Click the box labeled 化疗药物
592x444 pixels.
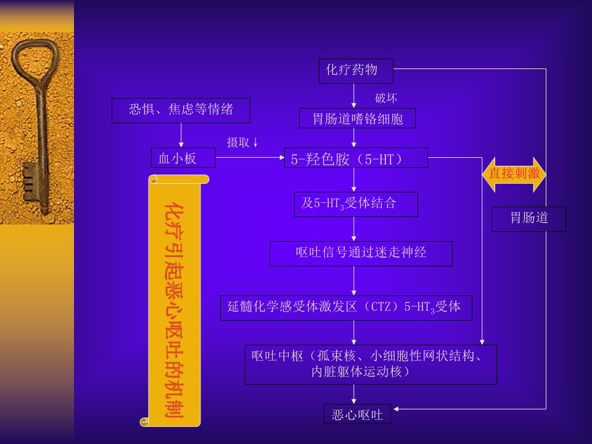pyautogui.click(x=356, y=71)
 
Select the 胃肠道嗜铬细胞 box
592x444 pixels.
pyautogui.click(x=357, y=118)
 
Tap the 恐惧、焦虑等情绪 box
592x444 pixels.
pyautogui.click(x=181, y=110)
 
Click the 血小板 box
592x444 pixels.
pyautogui.click(x=183, y=157)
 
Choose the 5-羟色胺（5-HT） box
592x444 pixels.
pyautogui.click(x=356, y=157)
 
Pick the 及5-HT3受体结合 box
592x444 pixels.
pyautogui.click(x=356, y=204)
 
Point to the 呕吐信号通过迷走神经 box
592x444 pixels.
pyautogui.click(x=361, y=253)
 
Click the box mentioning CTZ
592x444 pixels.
pyautogui.click(x=346, y=308)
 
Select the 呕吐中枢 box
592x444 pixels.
pyautogui.click(x=371, y=364)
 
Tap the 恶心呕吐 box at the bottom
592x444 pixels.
pyautogui.click(x=357, y=414)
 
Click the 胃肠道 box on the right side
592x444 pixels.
pyautogui.click(x=528, y=219)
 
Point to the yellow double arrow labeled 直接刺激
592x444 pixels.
pyautogui.click(x=514, y=175)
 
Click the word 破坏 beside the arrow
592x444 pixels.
pyautogui.click(x=386, y=98)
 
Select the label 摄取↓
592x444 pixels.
pyautogui.click(x=242, y=142)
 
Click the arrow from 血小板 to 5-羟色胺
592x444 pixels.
pyautogui.click(x=250, y=157)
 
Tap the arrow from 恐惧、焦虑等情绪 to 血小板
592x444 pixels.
pyautogui.click(x=181, y=135)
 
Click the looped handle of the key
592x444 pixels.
pyautogui.click(x=35, y=61)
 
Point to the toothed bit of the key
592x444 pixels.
pyautogui.click(x=31, y=181)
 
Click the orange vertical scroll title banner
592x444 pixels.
pyautogui.click(x=174, y=300)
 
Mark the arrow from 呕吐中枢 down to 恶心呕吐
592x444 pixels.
pyautogui.click(x=354, y=394)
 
